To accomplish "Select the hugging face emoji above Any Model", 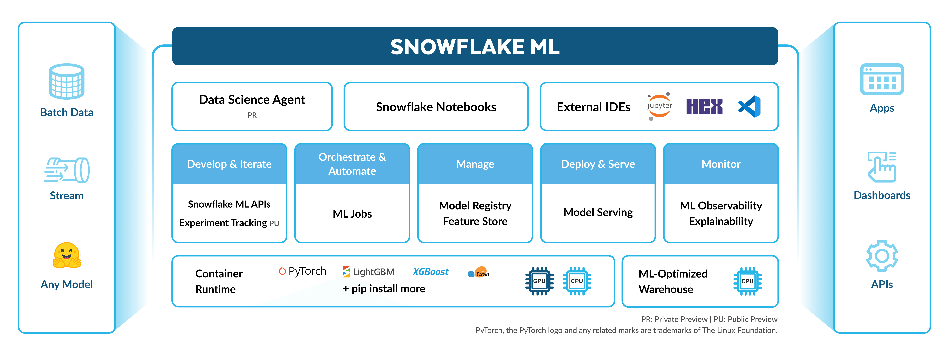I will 67,255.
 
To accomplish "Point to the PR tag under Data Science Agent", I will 252,115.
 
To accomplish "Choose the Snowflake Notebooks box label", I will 436,107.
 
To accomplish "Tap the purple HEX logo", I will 704,106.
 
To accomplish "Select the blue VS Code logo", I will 750,106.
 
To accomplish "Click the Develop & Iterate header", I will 229,164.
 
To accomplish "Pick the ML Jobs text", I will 352,214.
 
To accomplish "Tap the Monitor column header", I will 721,164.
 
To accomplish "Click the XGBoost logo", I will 430,272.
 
